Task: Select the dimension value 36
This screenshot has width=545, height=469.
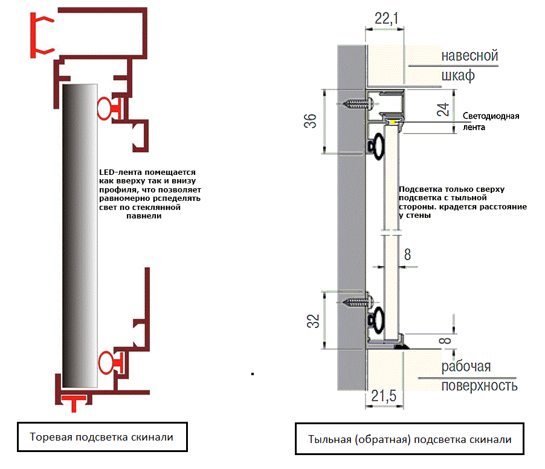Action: coord(310,120)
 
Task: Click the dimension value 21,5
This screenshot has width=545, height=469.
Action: coord(384,396)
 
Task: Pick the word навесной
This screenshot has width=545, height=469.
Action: coord(469,56)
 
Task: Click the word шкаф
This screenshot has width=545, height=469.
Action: coord(457,76)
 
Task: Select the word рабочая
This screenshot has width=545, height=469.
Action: coord(466,366)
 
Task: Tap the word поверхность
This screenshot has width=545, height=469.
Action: coord(479,385)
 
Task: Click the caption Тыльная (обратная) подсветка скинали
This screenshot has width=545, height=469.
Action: coord(410,439)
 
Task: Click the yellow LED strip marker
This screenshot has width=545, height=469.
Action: coord(393,122)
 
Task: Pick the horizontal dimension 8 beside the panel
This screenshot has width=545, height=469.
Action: coord(407,255)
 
